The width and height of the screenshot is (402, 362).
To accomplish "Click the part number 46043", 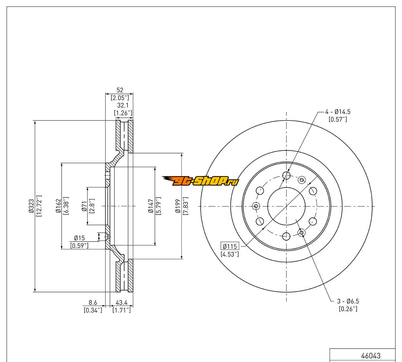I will click(x=371, y=356).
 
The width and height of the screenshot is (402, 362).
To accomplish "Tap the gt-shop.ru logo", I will click(x=200, y=182).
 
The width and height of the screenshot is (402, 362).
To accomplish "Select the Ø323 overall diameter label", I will click(x=32, y=206).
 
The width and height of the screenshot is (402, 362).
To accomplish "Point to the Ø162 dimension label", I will click(x=58, y=206).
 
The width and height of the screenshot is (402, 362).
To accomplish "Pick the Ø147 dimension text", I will click(x=151, y=206).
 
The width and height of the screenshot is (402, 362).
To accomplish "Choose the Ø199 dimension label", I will click(x=178, y=206).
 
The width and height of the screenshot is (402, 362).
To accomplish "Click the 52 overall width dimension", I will click(x=120, y=90).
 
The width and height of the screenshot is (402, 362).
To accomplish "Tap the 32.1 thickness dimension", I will click(x=123, y=105).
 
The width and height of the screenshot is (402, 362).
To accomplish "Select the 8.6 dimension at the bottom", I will click(x=93, y=303).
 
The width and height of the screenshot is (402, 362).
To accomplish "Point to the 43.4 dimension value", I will click(x=121, y=303).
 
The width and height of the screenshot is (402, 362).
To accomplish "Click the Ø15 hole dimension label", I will click(x=79, y=238).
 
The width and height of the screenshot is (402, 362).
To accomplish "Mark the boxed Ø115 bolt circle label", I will click(x=230, y=246).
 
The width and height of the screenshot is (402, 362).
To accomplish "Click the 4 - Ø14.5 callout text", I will click(x=338, y=112).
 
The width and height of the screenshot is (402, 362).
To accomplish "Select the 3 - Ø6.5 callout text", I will click(x=348, y=301).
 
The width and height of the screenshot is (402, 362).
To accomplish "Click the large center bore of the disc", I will click(x=286, y=206).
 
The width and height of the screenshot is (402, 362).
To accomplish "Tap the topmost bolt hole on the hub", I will click(x=286, y=176).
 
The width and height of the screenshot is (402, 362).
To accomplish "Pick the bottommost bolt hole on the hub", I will click(x=286, y=237).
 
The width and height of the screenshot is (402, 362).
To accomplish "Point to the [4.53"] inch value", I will click(x=230, y=254).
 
